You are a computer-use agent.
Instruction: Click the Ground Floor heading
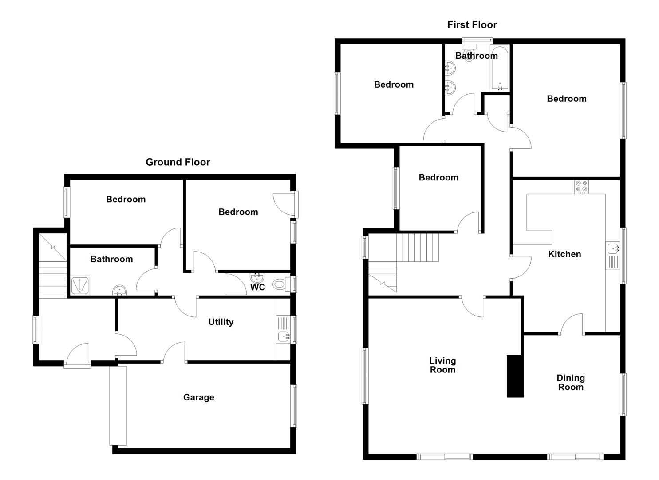click(x=178, y=162)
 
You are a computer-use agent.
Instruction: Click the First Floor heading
click(x=472, y=25)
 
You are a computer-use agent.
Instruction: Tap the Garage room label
click(x=198, y=397)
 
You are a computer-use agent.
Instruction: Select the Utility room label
click(x=221, y=322)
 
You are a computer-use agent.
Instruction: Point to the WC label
click(x=257, y=287)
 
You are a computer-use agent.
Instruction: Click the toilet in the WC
click(x=280, y=284)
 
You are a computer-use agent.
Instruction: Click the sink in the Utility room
click(x=283, y=336)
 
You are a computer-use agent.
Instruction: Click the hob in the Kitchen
click(x=581, y=187)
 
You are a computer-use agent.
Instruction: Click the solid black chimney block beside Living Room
click(x=515, y=376)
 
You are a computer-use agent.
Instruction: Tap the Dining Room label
click(x=571, y=382)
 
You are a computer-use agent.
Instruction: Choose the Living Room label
click(x=442, y=365)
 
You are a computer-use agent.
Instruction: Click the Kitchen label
click(x=564, y=254)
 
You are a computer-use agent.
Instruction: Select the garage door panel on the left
click(x=118, y=405)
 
